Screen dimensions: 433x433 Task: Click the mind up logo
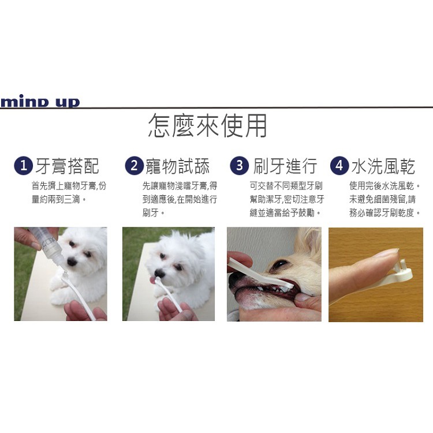tap(40, 102)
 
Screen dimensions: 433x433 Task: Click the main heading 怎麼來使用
tap(207, 126)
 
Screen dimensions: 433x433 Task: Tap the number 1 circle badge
tap(23, 166)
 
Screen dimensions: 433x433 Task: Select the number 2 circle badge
tap(134, 166)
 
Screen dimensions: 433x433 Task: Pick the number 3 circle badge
tap(239, 166)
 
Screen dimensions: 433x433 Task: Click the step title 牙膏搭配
tap(68, 166)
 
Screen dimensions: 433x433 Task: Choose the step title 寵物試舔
tap(178, 166)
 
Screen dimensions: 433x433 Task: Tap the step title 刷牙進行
tap(285, 166)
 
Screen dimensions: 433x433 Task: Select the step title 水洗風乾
tap(383, 166)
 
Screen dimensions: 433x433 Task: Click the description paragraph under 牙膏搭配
tap(69, 192)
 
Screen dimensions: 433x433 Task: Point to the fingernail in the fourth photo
tap(386, 253)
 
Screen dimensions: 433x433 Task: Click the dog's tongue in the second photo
tap(152, 281)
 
